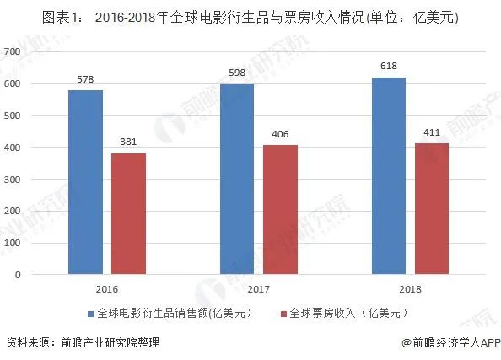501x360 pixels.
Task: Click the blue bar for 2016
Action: point(85,182)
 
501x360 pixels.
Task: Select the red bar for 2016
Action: point(128,213)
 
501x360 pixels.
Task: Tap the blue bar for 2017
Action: point(237,179)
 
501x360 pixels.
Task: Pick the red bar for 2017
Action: point(280,209)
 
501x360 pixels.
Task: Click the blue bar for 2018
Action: point(388,175)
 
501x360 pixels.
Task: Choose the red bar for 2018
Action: point(431,208)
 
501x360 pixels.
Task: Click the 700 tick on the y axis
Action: point(12,51)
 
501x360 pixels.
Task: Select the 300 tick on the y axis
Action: point(12,179)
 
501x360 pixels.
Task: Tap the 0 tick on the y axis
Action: point(17,275)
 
